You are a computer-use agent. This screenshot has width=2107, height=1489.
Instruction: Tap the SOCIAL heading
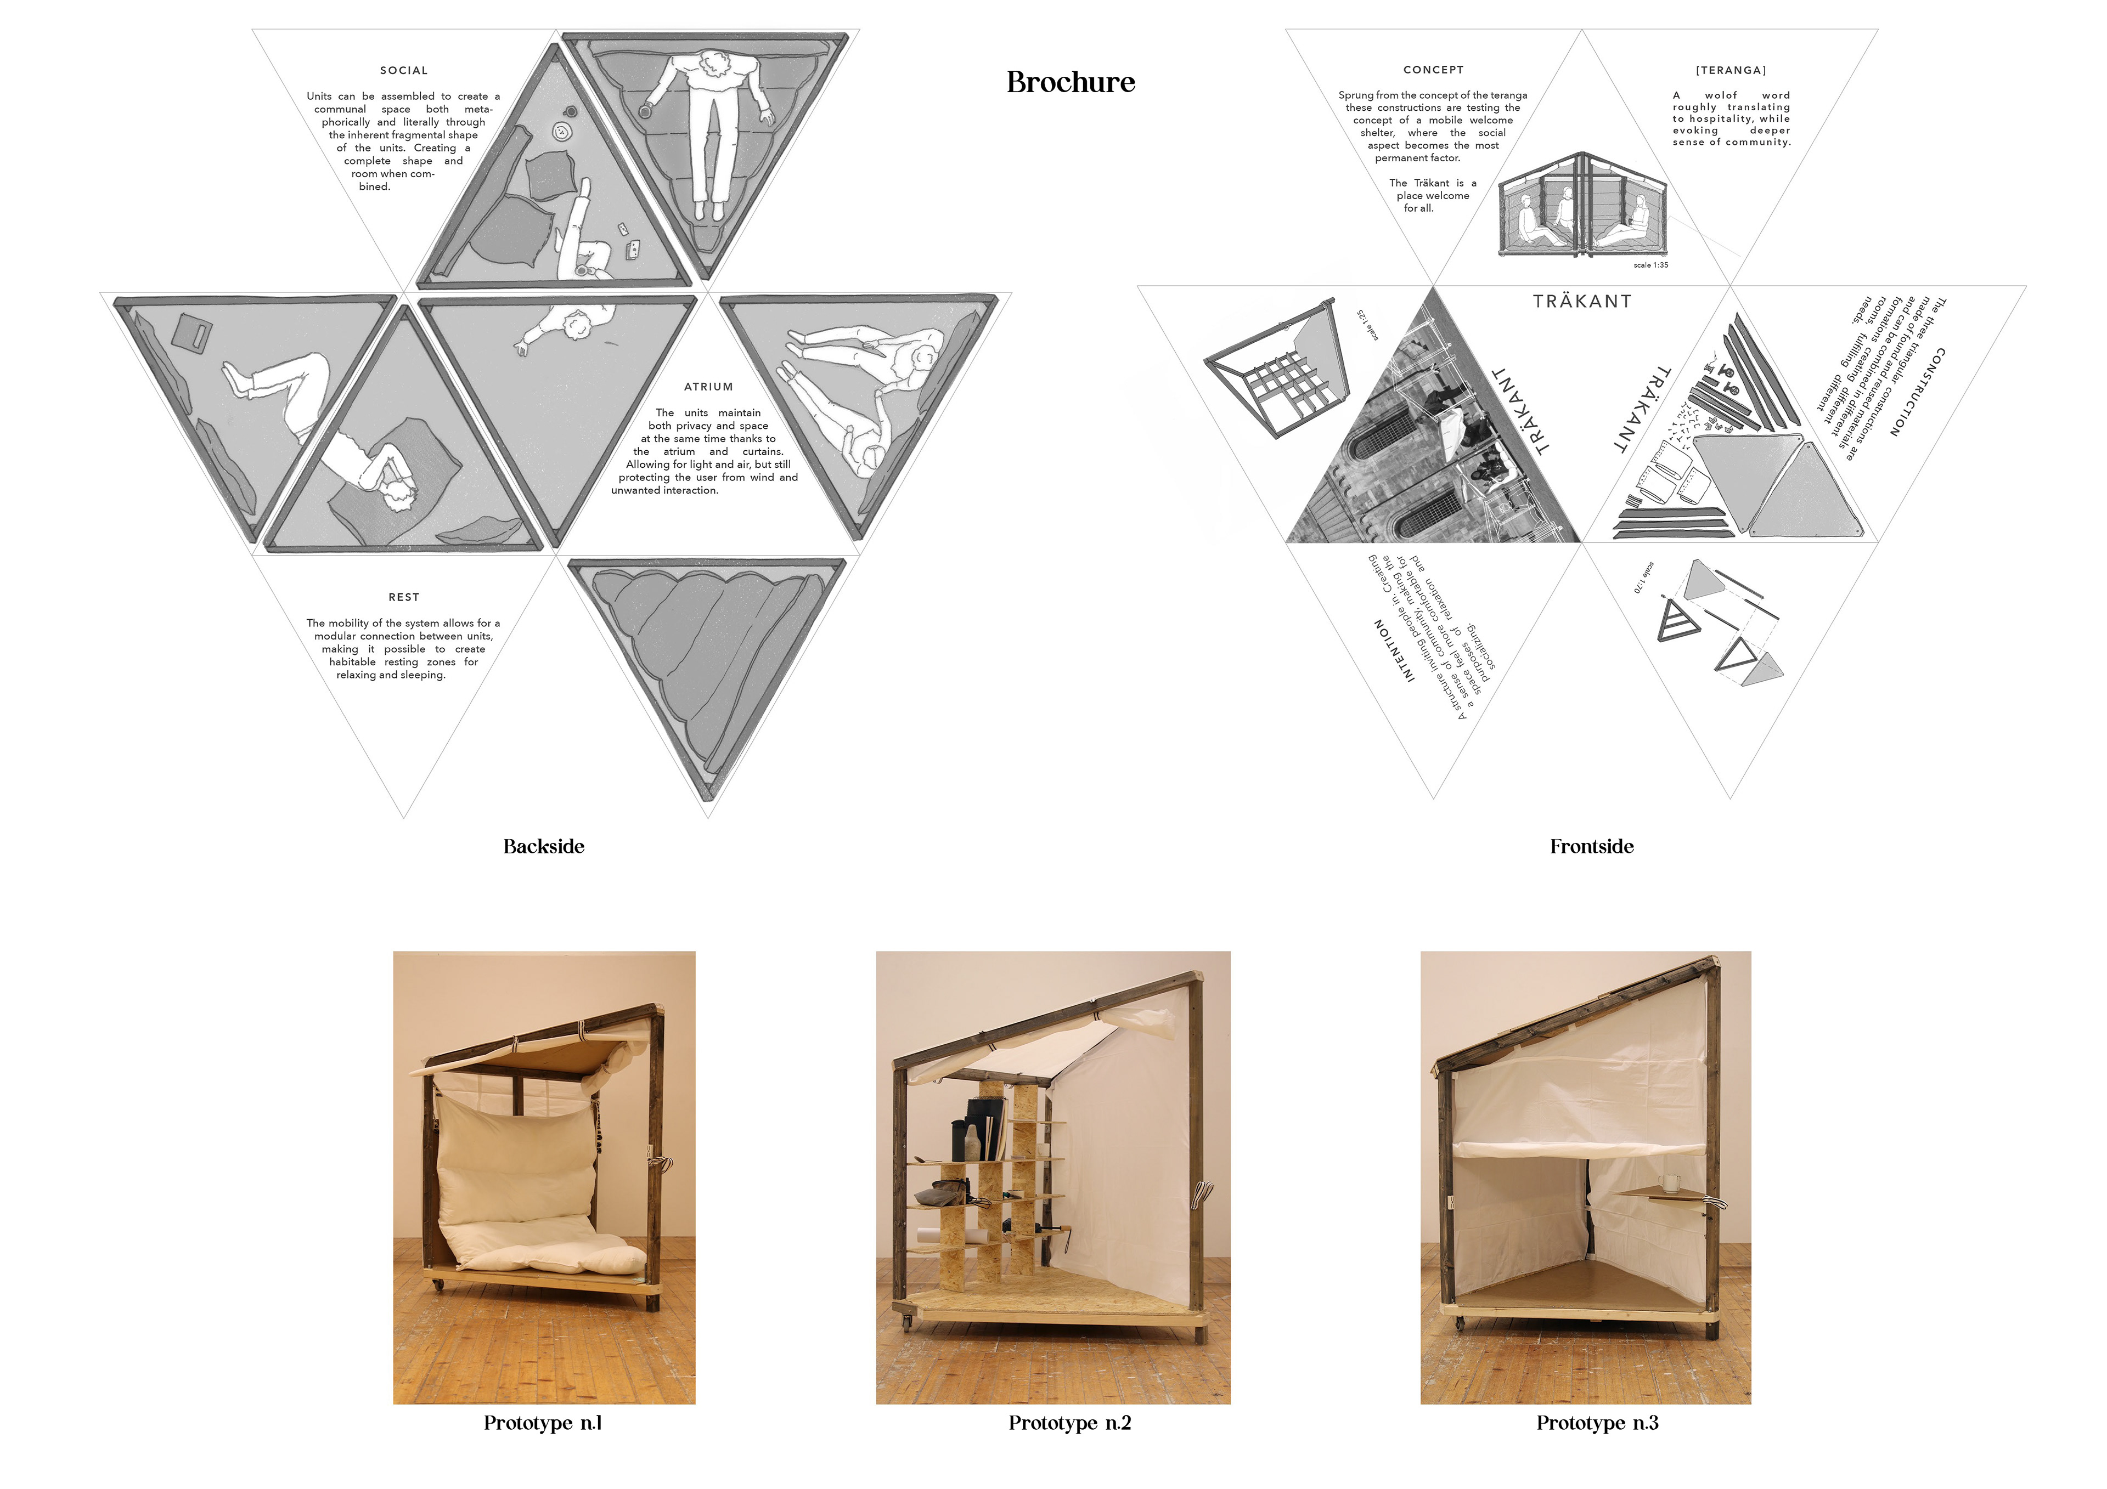[404, 71]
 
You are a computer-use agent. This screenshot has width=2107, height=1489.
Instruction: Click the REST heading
[404, 597]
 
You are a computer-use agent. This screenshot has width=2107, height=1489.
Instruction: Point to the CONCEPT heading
[1433, 70]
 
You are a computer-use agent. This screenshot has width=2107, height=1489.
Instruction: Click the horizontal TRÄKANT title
[1582, 302]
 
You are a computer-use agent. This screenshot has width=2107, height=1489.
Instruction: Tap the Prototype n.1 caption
[542, 1423]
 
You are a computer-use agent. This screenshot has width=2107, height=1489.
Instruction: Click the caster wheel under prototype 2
[906, 1323]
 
